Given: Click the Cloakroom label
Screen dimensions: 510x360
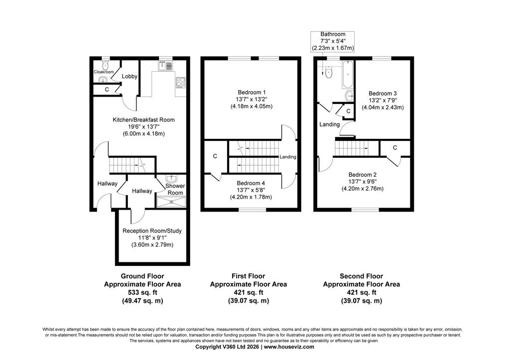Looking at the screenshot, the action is point(104,72).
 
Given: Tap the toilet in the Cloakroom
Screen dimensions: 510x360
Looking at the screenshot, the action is point(105,65).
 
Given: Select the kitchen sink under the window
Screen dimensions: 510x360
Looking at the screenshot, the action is point(166,66).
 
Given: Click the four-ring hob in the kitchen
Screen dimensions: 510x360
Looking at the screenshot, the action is point(181,82).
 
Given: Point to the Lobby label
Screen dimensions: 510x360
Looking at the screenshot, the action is point(129,76).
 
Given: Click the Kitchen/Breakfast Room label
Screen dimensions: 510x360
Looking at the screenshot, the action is point(143,120).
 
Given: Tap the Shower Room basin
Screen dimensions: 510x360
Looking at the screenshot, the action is point(171,179).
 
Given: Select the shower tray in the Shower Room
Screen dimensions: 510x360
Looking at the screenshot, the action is point(171,202).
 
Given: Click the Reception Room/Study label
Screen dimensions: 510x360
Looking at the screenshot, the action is point(152,231).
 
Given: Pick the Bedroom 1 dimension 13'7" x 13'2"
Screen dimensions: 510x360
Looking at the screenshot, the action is point(250,99).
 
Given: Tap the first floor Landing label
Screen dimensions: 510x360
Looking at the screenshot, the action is point(288,157).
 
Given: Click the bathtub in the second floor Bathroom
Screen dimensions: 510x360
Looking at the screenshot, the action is point(347,74).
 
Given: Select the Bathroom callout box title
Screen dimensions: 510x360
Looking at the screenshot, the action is point(333,34).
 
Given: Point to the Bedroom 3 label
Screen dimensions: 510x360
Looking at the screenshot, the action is point(382,94).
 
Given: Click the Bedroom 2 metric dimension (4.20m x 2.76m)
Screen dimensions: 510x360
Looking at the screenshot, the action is point(363,189).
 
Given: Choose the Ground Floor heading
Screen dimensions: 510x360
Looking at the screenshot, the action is point(142,276).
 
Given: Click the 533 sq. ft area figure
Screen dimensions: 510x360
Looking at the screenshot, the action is point(142,292).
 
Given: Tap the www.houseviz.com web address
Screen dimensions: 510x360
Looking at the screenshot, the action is point(289,347).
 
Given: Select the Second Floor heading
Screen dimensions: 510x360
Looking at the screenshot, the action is point(362,276).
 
